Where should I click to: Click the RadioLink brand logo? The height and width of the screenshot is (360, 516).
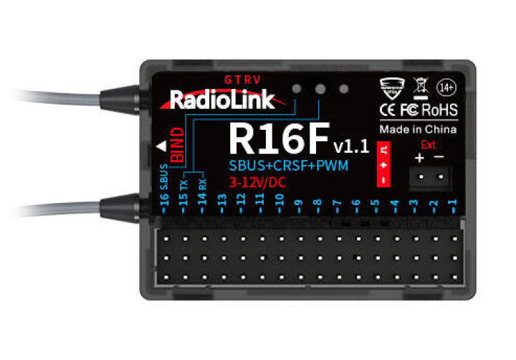pos(221,99)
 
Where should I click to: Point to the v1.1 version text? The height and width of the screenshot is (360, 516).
pos(350,147)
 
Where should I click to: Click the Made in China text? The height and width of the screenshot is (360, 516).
pos(418,130)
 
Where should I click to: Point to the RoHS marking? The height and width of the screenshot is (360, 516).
pos(439,111)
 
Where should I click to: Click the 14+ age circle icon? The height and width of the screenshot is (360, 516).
pos(448,88)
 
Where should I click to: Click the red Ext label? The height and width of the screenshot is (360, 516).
pos(429,143)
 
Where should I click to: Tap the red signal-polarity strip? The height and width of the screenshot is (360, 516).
pos(384,164)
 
